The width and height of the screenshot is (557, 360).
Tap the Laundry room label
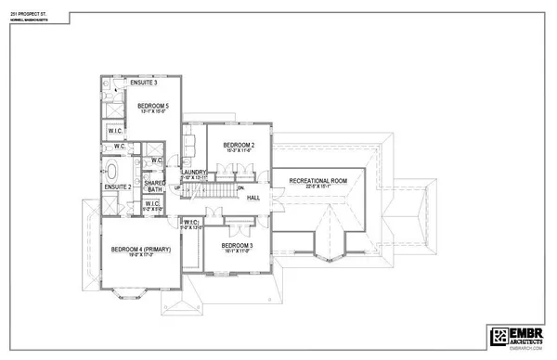[193, 173]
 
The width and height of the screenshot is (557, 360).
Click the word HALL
[253, 197]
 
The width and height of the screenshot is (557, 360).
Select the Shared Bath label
[156, 189]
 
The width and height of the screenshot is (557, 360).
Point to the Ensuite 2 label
[116, 186]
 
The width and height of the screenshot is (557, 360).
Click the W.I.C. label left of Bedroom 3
[190, 223]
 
